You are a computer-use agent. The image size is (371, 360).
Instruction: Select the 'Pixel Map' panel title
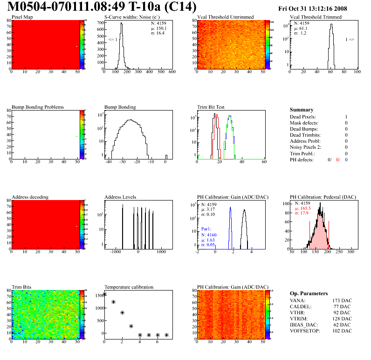[22, 17]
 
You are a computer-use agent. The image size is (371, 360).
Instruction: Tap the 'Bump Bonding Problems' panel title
[38, 107]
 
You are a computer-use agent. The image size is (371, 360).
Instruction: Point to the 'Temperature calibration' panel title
[129, 287]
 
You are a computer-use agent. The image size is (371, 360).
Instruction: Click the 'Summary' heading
[302, 110]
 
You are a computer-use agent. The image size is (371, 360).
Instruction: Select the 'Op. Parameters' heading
[309, 293]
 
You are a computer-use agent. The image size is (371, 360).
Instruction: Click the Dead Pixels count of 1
[346, 117]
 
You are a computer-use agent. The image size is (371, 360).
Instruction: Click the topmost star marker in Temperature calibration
[104, 294]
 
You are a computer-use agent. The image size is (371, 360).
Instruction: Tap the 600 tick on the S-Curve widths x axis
[172, 72]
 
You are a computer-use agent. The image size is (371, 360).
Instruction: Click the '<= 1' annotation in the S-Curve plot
[113, 40]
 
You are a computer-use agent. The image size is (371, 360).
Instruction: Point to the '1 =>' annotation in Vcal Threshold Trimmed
[350, 40]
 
